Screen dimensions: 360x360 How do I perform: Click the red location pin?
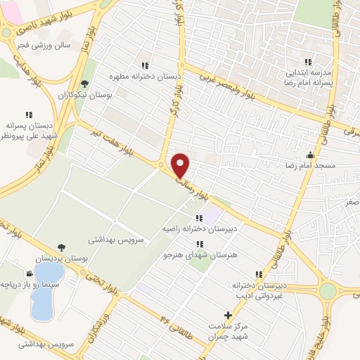coord(181,165)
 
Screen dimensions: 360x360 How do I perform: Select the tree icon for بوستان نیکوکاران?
coord(85,84)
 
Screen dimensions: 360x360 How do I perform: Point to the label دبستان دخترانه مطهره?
coord(145,74)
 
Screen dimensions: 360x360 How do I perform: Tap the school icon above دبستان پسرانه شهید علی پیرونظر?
coord(29,114)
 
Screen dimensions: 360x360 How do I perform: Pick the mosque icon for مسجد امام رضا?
coord(310,155)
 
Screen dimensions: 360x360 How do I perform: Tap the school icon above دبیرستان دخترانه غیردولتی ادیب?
coord(259,274)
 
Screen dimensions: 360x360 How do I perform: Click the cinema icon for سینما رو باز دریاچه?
coord(29,274)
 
